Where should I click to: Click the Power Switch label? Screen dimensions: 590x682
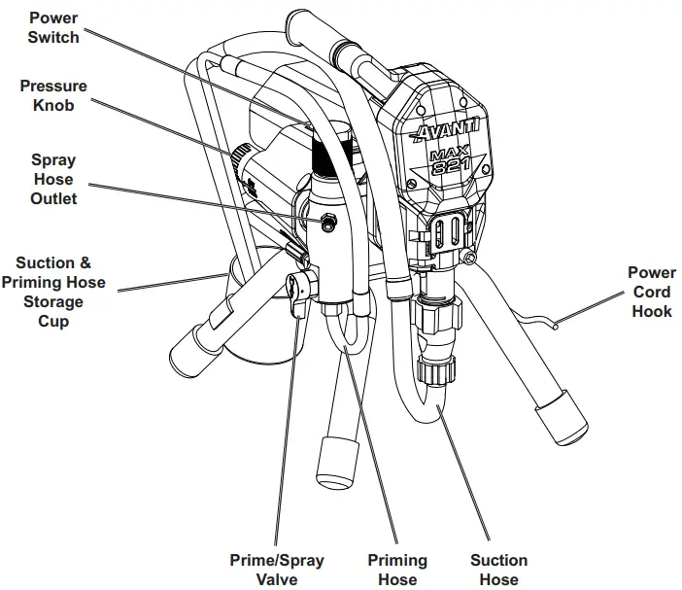click(x=53, y=27)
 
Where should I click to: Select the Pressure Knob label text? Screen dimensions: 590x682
click(x=53, y=96)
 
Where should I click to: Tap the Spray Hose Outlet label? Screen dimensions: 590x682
click(x=53, y=179)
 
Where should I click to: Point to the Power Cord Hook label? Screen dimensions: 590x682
click(x=651, y=292)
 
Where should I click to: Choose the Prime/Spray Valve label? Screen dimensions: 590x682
click(x=277, y=570)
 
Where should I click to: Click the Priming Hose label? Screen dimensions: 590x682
click(x=397, y=570)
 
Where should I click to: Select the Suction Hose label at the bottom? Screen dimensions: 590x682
click(x=499, y=570)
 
